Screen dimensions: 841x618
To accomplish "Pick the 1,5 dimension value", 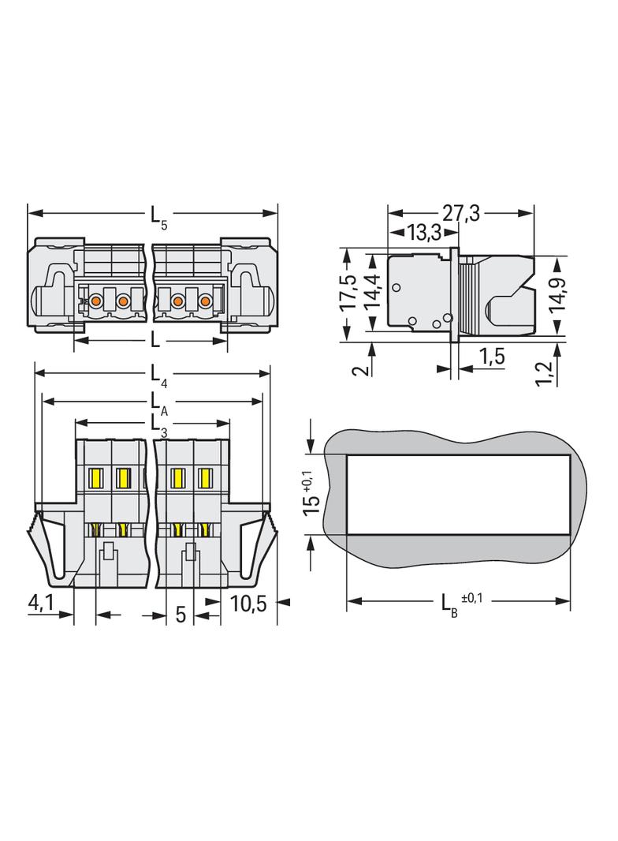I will [x=490, y=356].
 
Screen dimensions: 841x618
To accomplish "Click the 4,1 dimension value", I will [x=41, y=602].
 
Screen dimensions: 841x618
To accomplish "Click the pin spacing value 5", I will [x=181, y=615].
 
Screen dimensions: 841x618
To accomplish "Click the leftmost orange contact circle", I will [x=95, y=301].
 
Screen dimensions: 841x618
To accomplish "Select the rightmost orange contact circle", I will [x=206, y=301].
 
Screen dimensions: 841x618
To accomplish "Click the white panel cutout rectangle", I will [x=458, y=495].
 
